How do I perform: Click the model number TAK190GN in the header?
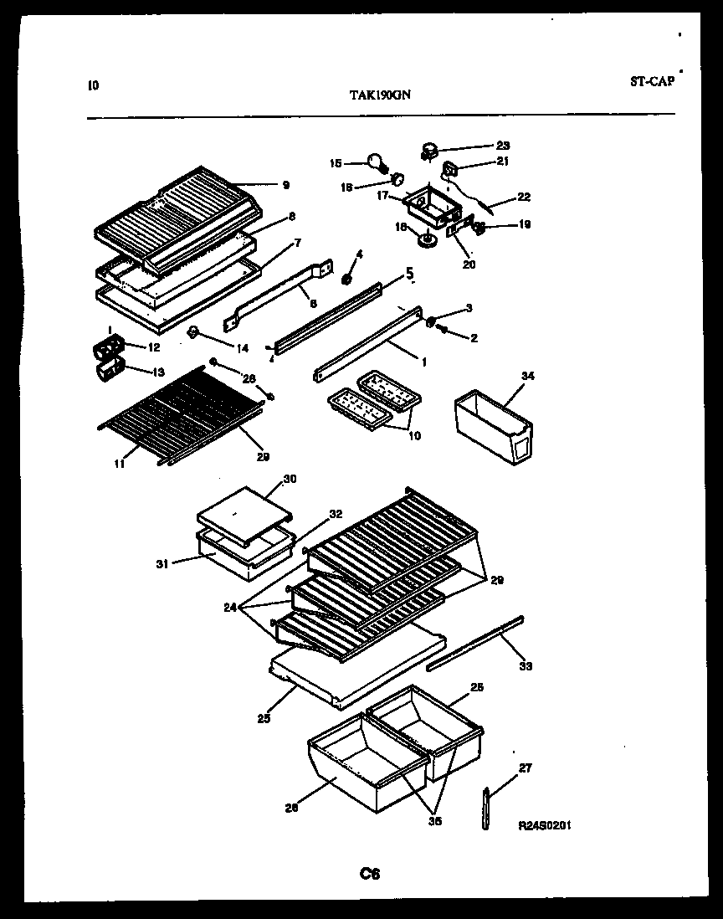tap(379, 95)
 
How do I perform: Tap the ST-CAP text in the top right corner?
tap(651, 82)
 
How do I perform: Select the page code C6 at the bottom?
tap(370, 874)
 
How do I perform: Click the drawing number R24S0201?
tap(545, 825)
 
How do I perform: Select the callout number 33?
tap(525, 666)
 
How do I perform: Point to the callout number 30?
tap(290, 479)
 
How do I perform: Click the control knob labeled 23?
tap(429, 151)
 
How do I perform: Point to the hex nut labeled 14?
tap(193, 334)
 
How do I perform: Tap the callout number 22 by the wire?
tap(524, 198)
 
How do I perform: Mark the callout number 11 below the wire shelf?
tap(120, 461)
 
